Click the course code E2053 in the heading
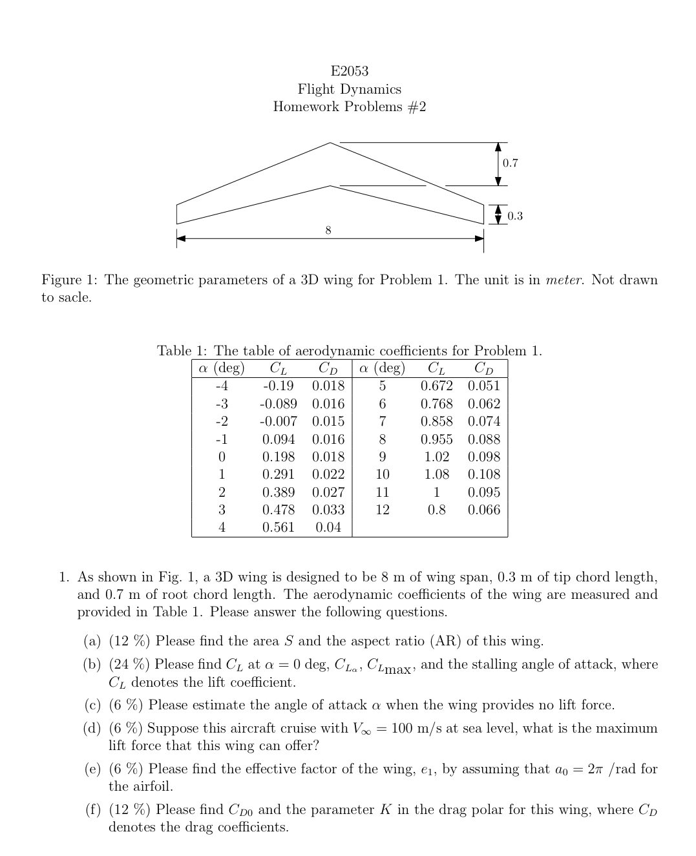click(349, 71)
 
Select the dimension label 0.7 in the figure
click(511, 163)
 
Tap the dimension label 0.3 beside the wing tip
click(514, 216)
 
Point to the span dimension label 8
click(328, 230)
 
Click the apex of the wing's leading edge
click(330, 143)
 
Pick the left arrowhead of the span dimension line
click(181, 238)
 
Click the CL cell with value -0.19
click(278, 386)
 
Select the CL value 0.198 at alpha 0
click(278, 457)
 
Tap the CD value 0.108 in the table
click(483, 474)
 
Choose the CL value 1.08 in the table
click(436, 474)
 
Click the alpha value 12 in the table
click(382, 510)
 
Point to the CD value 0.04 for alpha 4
click(328, 527)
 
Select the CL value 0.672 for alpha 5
click(436, 386)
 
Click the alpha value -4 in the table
click(221, 386)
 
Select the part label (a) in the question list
click(92, 642)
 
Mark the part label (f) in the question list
click(94, 810)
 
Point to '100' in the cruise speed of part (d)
click(402, 728)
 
